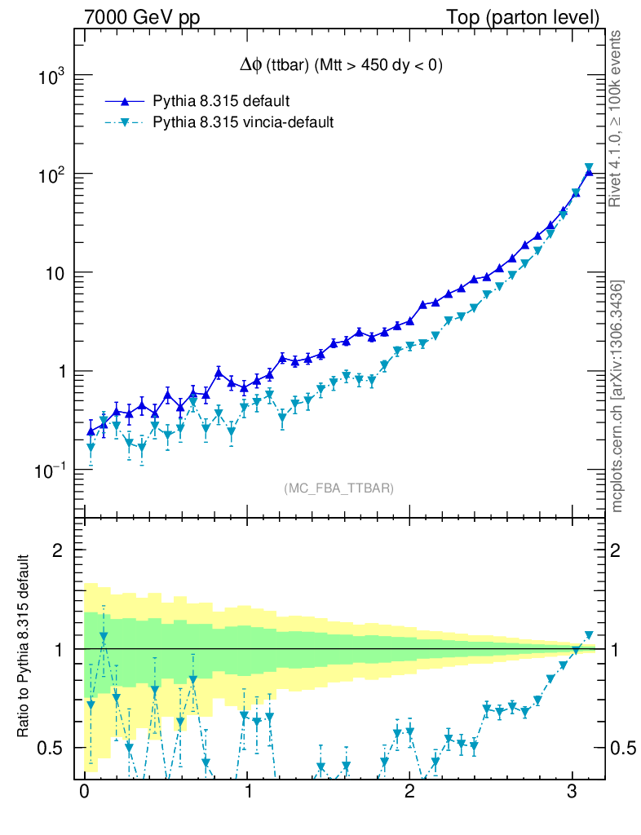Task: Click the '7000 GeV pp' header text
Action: click(147, 15)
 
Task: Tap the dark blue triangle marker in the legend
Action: click(125, 101)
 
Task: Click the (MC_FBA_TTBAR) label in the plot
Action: click(338, 488)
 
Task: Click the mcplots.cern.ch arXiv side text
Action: click(617, 396)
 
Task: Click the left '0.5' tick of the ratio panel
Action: click(53, 748)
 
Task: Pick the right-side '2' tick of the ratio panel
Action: click(617, 550)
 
